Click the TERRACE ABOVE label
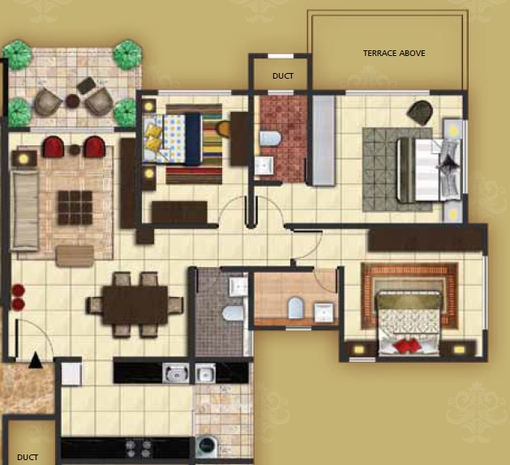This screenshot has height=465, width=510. [x=394, y=53]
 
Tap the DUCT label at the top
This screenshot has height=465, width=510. [x=283, y=75]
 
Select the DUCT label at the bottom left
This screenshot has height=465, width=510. [x=28, y=457]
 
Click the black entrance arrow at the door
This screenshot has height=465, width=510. [x=35, y=360]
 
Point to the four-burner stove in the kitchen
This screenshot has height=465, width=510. [x=139, y=449]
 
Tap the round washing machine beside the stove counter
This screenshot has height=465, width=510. [x=208, y=446]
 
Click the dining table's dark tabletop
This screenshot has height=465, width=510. [x=135, y=305]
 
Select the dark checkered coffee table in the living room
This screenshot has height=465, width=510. [x=75, y=208]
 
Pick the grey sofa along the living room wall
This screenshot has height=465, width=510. [x=24, y=211]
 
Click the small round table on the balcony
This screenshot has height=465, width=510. [x=72, y=101]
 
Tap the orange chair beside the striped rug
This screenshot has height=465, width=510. [x=224, y=129]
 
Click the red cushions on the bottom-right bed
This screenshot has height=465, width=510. [x=406, y=345]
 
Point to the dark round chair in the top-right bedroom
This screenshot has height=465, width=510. [x=420, y=113]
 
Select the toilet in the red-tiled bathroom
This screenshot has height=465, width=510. [x=270, y=139]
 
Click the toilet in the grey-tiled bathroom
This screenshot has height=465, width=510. [x=233, y=313]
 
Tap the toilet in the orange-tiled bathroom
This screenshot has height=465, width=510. [x=296, y=308]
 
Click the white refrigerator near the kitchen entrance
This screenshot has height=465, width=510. [x=71, y=374]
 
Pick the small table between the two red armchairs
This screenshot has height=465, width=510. [x=75, y=150]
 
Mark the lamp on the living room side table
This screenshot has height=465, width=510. [x=24, y=159]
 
